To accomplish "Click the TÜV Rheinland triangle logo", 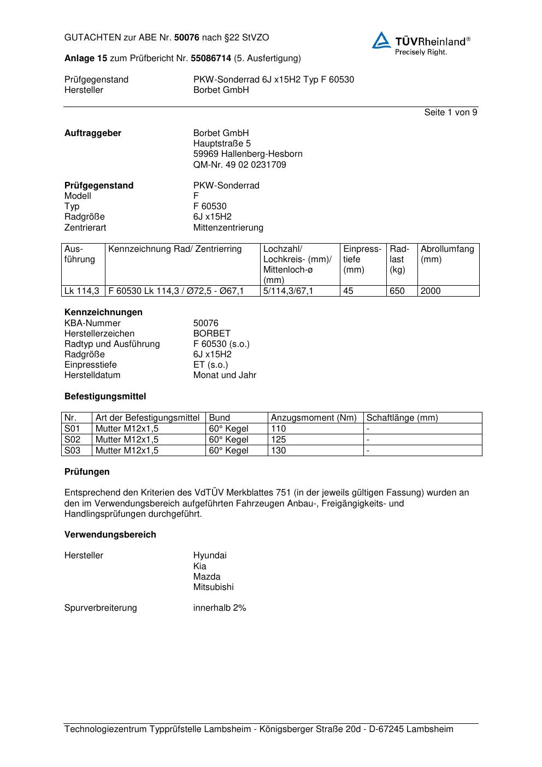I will (381, 40).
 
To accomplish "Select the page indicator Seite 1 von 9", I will (450, 113).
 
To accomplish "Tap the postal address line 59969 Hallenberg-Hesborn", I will (248, 154).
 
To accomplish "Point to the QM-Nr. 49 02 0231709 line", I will (239, 164).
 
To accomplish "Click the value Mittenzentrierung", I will (228, 227).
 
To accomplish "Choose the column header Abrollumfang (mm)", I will (447, 254).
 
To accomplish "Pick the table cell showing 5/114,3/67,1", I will (288, 291).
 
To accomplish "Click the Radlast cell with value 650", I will (397, 291).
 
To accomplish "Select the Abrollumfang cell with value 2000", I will (431, 291).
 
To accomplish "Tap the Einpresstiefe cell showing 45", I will (348, 291).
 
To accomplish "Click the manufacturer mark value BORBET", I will (211, 333).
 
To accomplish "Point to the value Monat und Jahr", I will (225, 375).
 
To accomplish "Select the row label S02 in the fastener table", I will (72, 440).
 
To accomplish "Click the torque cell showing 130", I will (278, 451).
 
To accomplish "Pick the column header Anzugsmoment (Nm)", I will (314, 418).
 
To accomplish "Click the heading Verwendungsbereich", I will (110, 535).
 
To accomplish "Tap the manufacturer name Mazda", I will (207, 577).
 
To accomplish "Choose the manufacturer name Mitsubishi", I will (213, 587).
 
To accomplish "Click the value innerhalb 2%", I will (220, 608).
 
